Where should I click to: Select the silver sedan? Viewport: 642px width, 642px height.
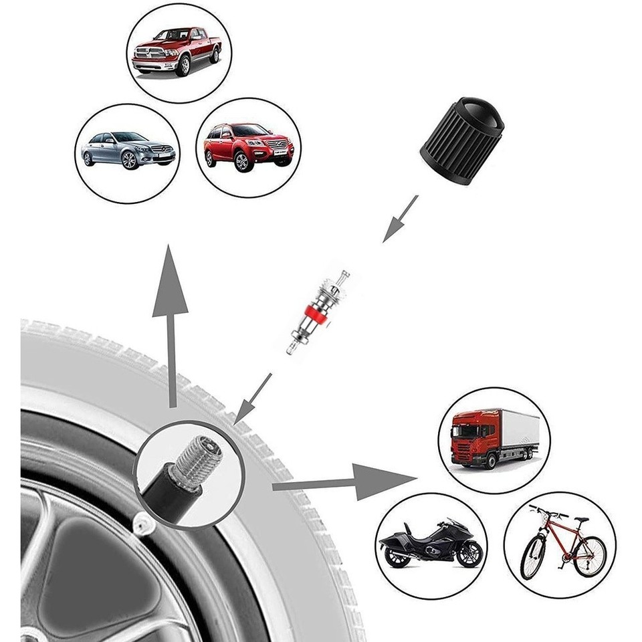(x=128, y=150)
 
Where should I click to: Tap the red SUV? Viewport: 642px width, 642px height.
(x=248, y=145)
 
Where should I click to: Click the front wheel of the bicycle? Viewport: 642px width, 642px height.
(x=533, y=556)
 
